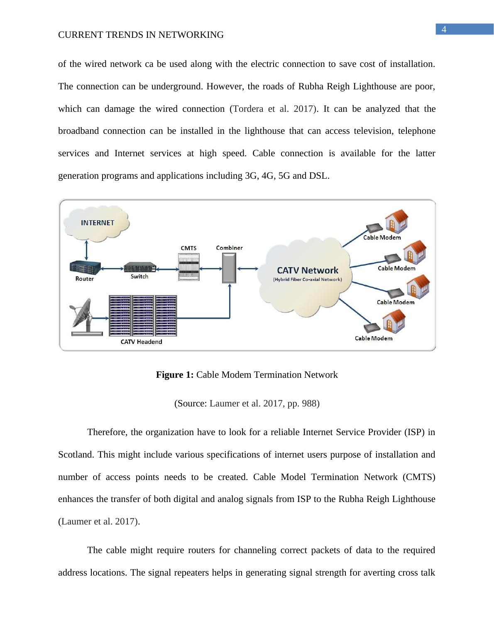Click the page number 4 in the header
click(x=444, y=30)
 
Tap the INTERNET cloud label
click(x=98, y=222)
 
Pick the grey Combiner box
click(x=229, y=268)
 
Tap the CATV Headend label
click(x=141, y=342)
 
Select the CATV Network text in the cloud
click(x=308, y=271)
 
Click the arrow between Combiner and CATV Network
click(x=249, y=268)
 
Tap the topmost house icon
click(x=397, y=221)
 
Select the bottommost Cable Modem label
click(x=374, y=338)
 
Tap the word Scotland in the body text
click(x=76, y=455)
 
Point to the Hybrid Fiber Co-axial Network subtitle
click(x=308, y=280)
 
